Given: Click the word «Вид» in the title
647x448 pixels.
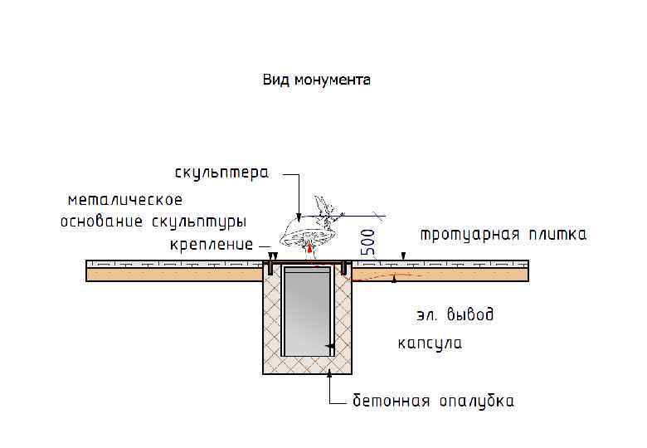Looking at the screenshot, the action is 275,80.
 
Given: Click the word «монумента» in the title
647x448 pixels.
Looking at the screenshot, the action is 329,80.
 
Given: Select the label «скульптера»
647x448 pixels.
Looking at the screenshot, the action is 221,173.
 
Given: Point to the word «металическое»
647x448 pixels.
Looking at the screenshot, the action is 124,200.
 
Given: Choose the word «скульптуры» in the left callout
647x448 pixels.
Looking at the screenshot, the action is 200,222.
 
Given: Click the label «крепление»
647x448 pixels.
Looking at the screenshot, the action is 212,245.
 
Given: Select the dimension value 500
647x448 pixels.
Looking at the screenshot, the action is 368,241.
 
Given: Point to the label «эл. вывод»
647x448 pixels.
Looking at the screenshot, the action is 455,315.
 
